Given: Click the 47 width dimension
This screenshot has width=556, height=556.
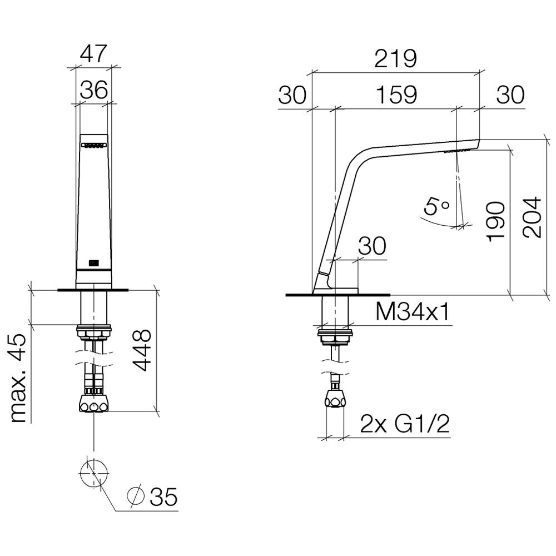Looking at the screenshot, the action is (x=93, y=53).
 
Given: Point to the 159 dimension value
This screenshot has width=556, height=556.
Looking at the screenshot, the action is (x=396, y=95).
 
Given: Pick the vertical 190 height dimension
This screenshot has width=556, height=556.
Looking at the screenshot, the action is (x=496, y=222).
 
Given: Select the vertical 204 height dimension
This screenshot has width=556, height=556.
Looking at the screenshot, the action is (x=532, y=217).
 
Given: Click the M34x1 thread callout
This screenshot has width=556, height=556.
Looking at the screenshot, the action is (x=412, y=312).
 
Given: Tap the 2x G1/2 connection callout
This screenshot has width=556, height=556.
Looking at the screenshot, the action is (x=405, y=424).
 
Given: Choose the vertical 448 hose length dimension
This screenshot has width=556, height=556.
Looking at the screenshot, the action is (x=142, y=350).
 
